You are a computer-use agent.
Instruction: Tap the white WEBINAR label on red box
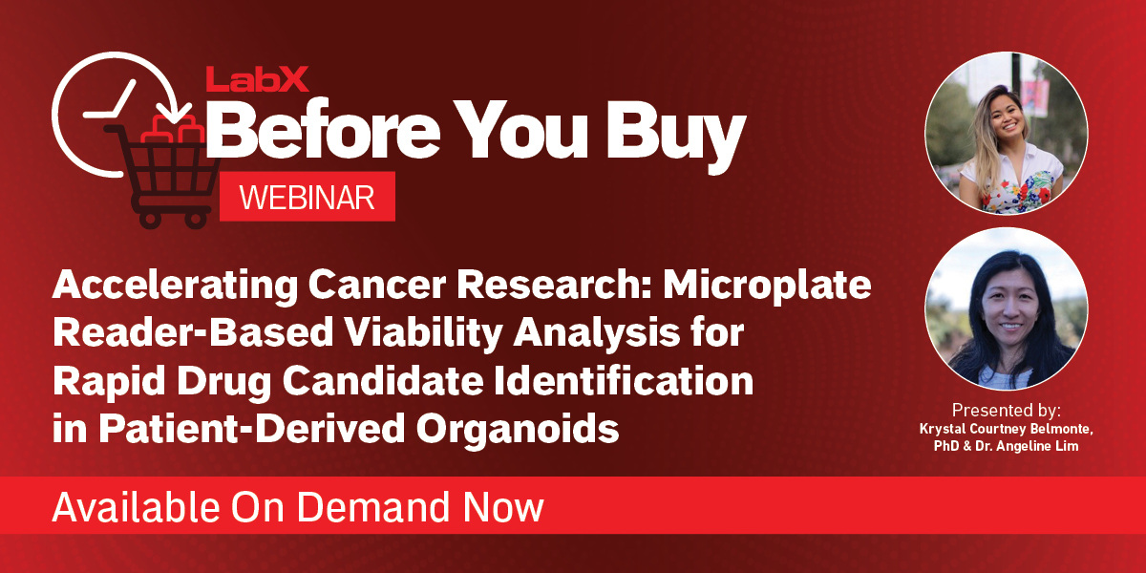[307, 198]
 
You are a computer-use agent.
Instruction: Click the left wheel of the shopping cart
[149, 218]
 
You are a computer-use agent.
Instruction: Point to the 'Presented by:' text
[1006, 411]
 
